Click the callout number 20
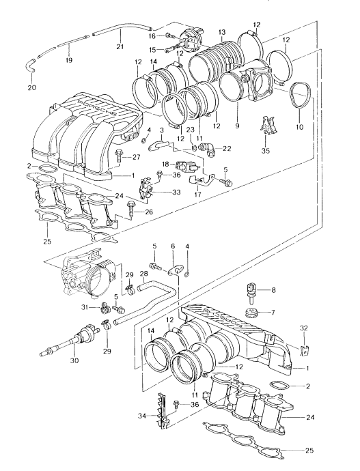tap(31, 87)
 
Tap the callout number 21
tap(120, 47)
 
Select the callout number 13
tap(222, 32)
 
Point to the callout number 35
tap(266, 150)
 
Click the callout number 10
tap(300, 126)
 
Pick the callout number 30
tap(74, 360)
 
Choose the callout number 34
tap(142, 416)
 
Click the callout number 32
tap(304, 328)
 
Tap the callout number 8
tap(273, 290)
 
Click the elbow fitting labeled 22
tap(208, 148)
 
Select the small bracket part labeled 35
tap(267, 126)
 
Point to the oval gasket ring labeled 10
tap(300, 96)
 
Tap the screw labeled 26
tap(131, 210)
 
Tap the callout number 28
tap(144, 273)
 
